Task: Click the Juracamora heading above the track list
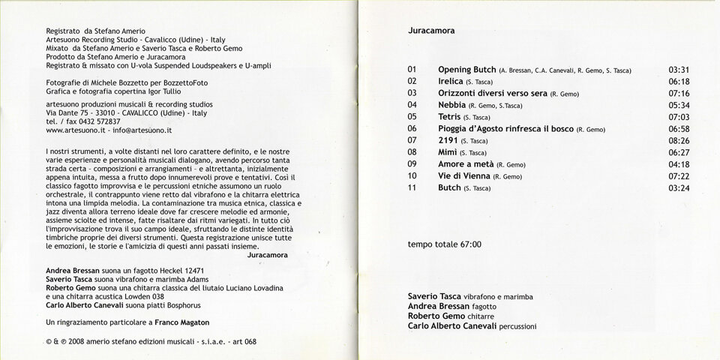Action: coord(431,31)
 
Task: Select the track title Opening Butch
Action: coord(466,70)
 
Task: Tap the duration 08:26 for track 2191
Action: coord(678,140)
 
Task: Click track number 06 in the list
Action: coord(412,129)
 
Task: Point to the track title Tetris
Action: coord(449,117)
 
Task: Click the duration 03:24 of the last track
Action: coord(678,187)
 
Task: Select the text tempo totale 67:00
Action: coord(444,244)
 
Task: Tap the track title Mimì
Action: coord(448,152)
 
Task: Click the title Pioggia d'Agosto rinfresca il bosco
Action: coord(505,129)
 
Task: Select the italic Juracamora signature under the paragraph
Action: coord(267,254)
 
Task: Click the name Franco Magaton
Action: coord(181,322)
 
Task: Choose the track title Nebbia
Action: coord(451,105)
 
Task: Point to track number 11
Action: coord(412,187)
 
